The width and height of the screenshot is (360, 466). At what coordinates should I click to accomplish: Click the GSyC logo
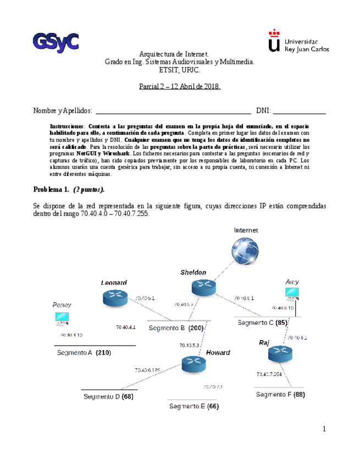56,42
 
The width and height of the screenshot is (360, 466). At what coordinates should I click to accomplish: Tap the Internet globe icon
246,253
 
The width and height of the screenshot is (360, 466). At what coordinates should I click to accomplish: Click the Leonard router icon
115,298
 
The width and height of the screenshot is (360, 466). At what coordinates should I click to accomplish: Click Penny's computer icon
62,319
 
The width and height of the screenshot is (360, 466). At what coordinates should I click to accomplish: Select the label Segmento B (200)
176,328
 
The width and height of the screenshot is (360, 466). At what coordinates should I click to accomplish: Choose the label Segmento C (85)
263,323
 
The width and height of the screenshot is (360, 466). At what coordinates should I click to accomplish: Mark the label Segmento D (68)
108,396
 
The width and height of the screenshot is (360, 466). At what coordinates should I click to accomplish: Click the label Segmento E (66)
194,406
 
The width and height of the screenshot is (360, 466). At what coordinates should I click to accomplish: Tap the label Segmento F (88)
280,394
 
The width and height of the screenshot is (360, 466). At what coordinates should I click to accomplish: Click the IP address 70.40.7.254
269,374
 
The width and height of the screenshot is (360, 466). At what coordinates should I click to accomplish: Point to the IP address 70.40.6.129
148,370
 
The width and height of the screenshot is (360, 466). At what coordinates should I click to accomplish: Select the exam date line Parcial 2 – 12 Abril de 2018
179,87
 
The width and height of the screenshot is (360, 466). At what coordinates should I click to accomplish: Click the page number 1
324,429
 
